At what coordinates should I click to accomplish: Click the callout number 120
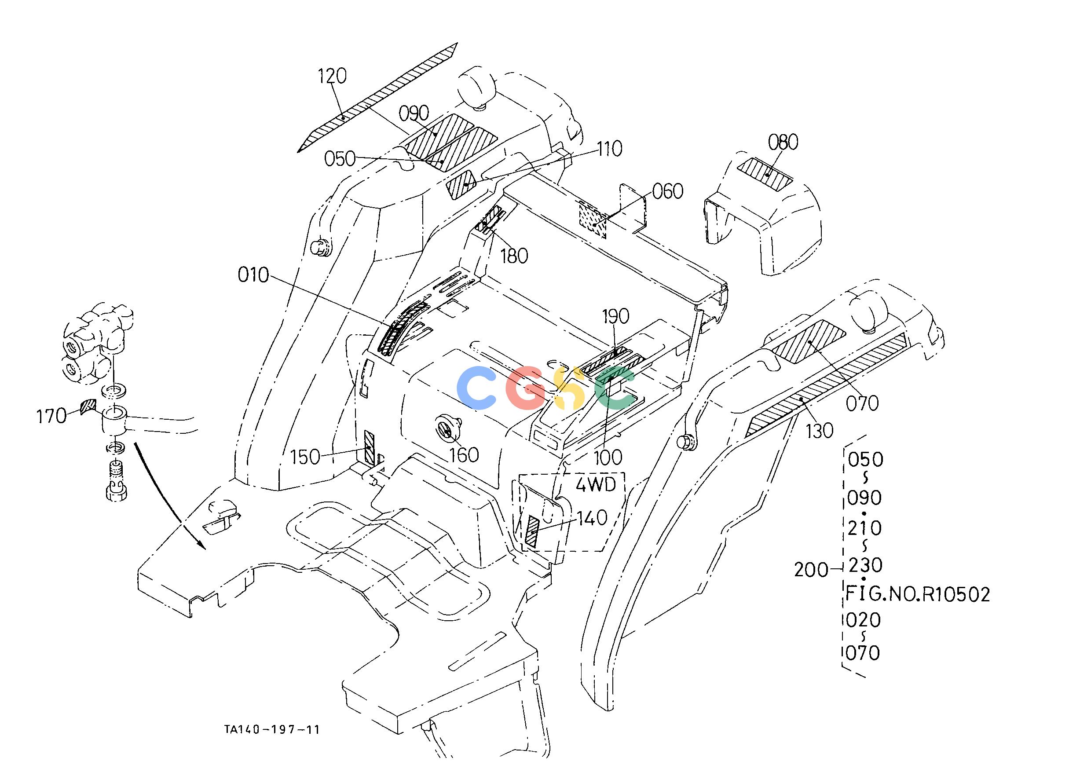(x=333, y=76)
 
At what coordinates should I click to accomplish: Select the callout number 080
(x=783, y=142)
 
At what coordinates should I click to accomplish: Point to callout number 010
(x=253, y=275)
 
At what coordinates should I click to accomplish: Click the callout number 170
(x=51, y=416)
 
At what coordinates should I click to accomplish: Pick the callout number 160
(x=464, y=455)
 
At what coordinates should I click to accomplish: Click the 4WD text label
(x=596, y=485)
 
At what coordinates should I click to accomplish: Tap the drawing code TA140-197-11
(x=272, y=729)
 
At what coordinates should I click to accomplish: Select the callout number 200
(x=811, y=570)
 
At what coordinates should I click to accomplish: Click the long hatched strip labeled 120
(x=377, y=98)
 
